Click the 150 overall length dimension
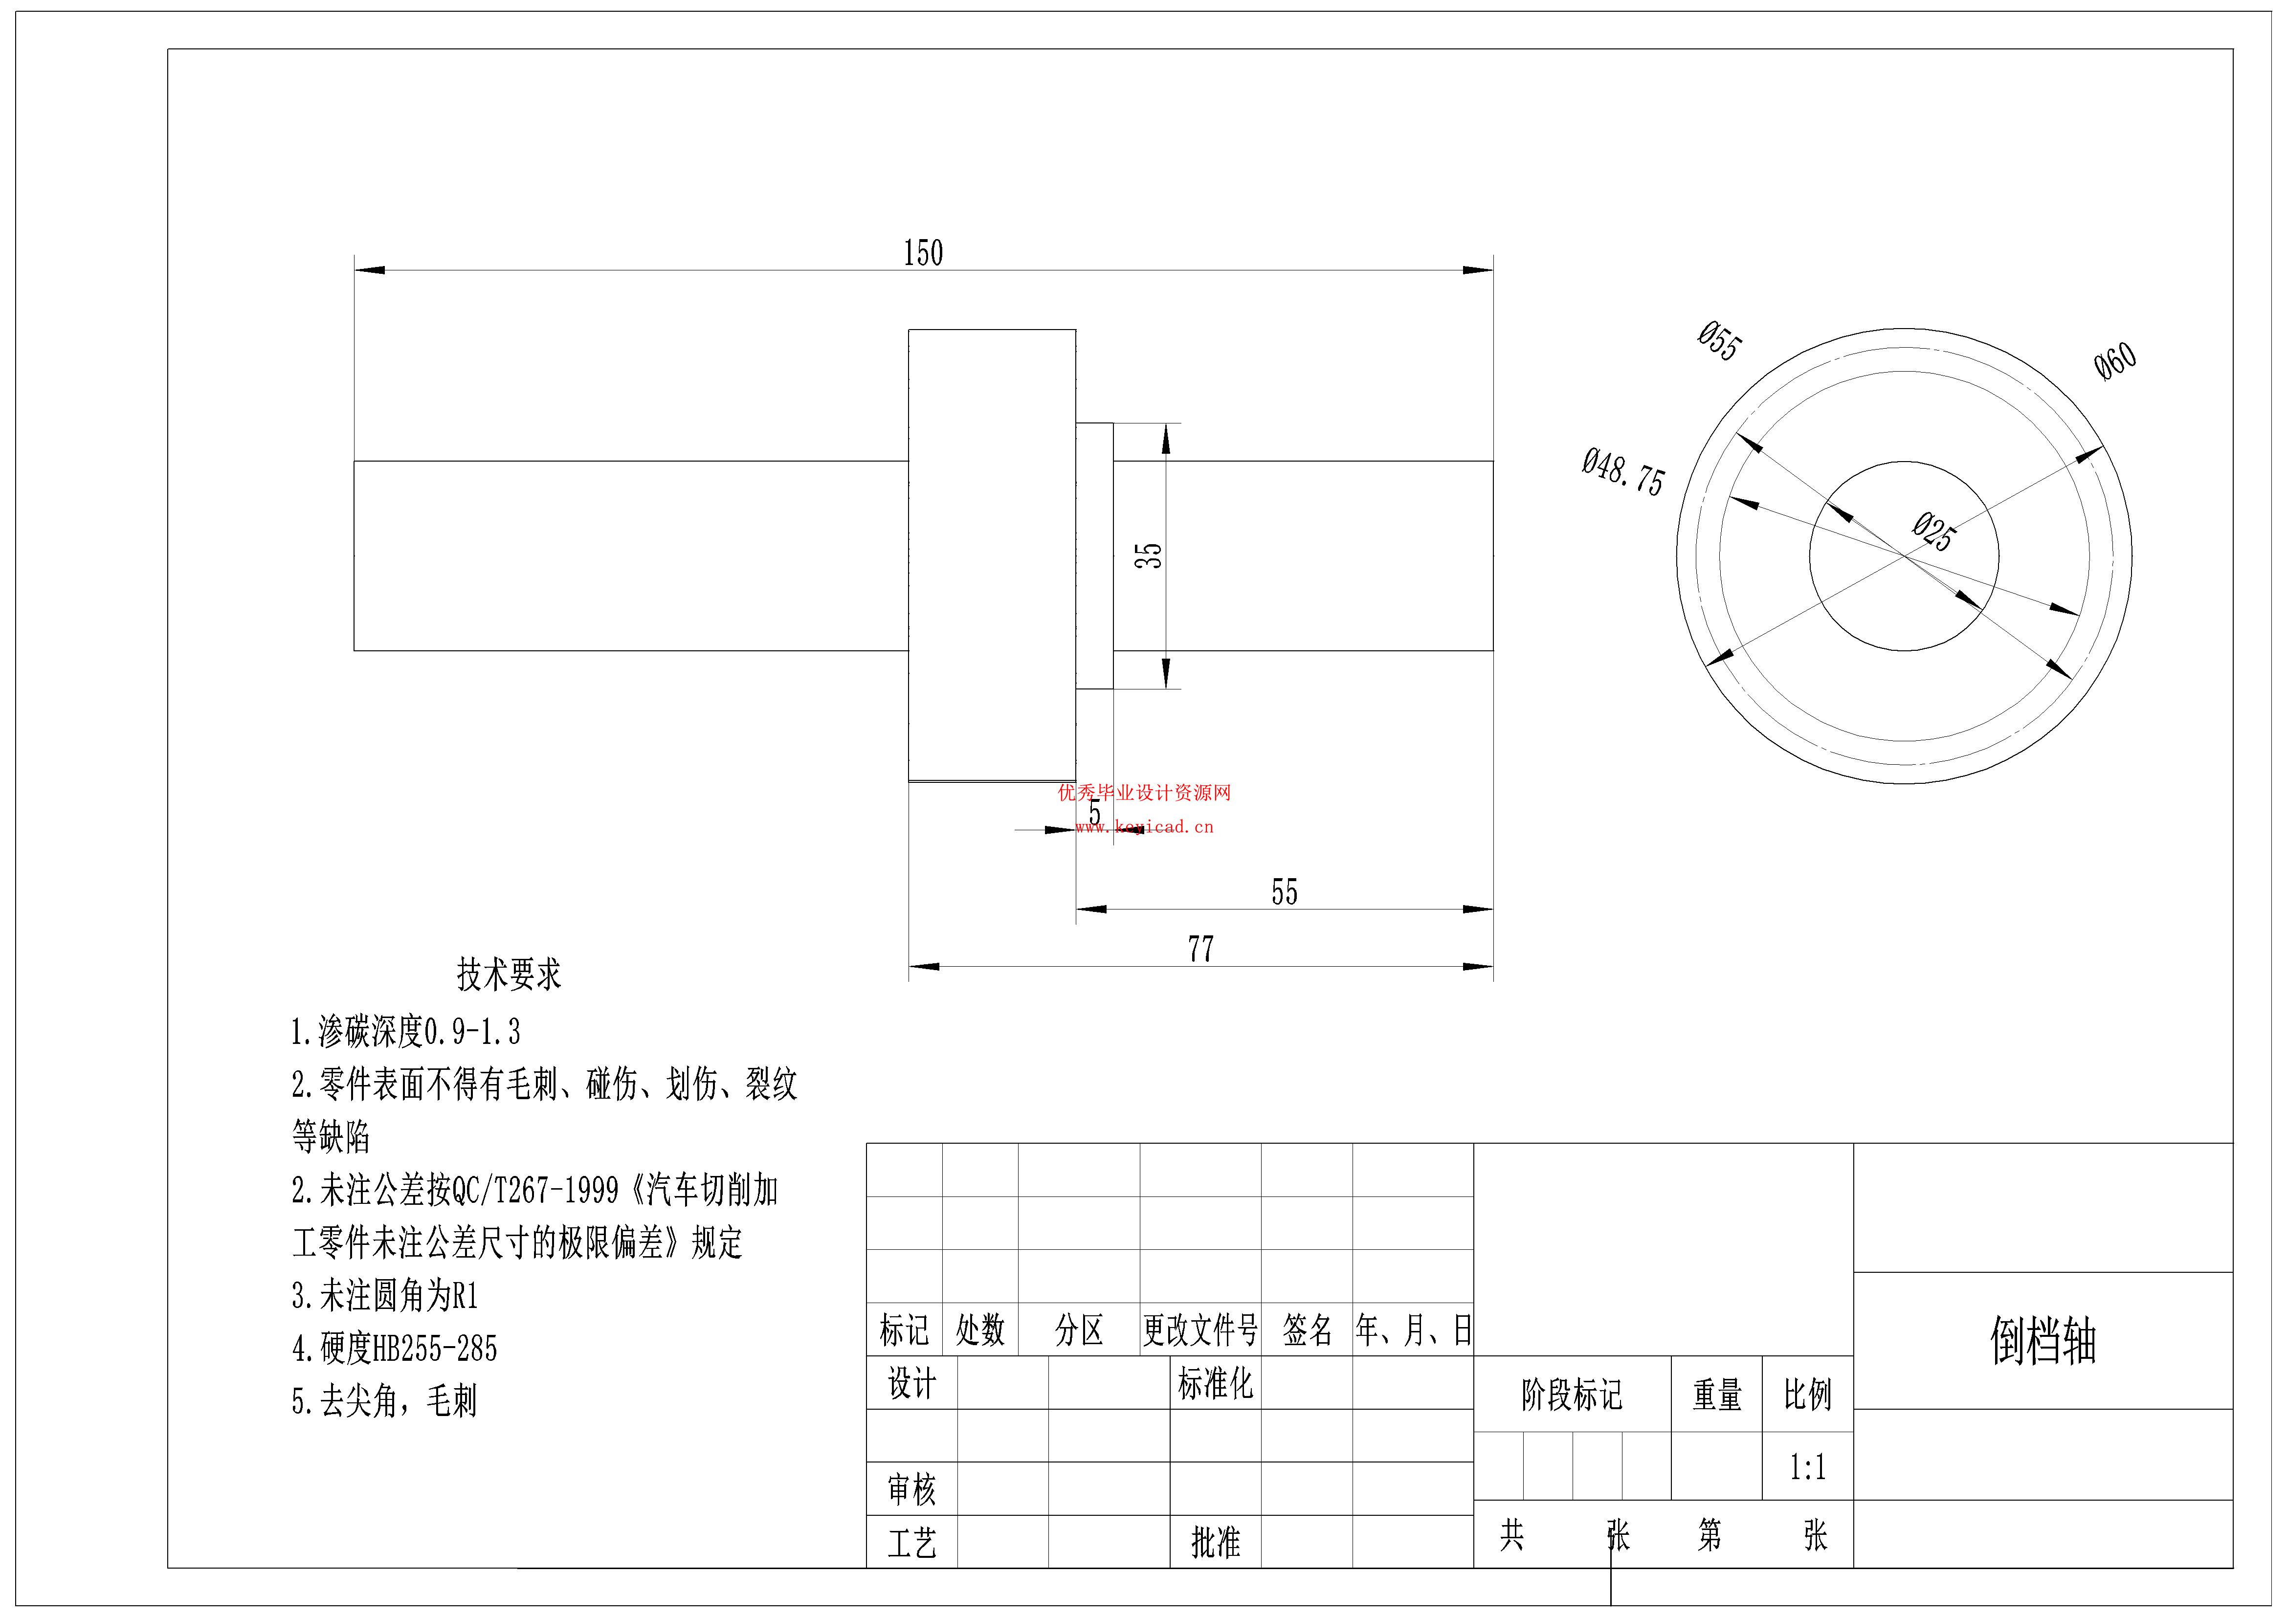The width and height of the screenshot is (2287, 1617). click(922, 253)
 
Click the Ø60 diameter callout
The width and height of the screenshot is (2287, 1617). click(2115, 361)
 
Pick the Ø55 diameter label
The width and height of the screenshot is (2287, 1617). click(1719, 341)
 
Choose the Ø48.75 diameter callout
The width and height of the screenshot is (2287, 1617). click(1622, 472)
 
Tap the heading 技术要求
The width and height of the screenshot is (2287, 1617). click(509, 975)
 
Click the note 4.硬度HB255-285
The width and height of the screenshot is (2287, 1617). click(395, 1348)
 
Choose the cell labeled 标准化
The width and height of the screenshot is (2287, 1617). click(1215, 1383)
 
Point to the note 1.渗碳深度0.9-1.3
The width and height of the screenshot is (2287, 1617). click(405, 1031)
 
